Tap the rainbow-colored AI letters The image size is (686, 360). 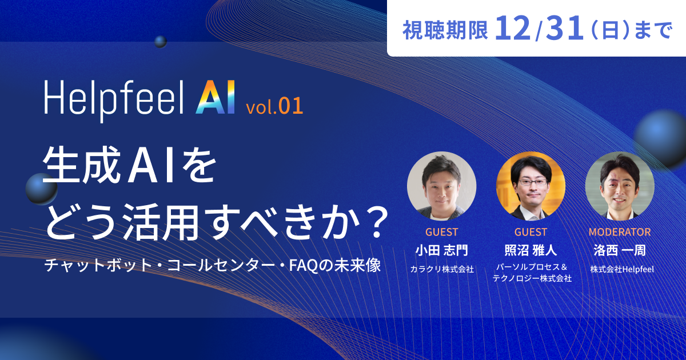[216, 97]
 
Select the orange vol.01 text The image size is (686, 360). [274, 106]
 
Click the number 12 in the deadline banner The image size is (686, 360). [513, 28]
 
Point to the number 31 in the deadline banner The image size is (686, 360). [564, 28]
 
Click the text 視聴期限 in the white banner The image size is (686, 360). [445, 30]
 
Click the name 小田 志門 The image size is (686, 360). [441, 250]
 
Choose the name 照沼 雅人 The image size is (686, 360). [531, 250]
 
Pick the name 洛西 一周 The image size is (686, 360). [620, 250]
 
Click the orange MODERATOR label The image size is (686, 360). [620, 232]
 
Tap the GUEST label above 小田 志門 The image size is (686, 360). [441, 232]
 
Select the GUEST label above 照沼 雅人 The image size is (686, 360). [531, 232]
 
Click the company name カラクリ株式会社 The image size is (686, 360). [441, 269]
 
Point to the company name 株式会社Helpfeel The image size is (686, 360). [622, 269]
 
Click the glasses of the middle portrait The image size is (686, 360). [533, 183]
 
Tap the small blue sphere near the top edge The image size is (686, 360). [161, 42]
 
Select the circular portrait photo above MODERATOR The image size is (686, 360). [620, 186]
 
